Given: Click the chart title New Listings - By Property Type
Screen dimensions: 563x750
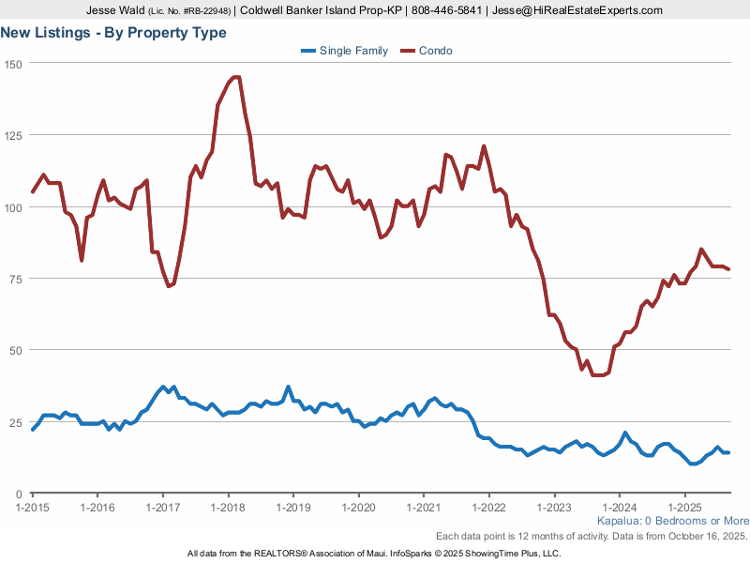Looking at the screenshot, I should [113, 33].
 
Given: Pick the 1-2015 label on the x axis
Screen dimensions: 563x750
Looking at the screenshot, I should [33, 507].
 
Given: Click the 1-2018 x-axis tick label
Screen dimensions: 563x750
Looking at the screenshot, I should [228, 507].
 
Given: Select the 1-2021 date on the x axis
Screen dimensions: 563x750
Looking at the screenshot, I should [424, 507].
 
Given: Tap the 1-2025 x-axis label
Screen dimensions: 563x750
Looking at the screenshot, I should [684, 507].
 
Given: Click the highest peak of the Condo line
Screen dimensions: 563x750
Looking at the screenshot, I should [236, 77].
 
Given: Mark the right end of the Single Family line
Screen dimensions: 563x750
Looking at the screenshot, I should [728, 452].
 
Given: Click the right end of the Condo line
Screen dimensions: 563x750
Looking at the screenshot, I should [728, 269].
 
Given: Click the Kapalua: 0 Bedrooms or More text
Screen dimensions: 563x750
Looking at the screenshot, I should [672, 521].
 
